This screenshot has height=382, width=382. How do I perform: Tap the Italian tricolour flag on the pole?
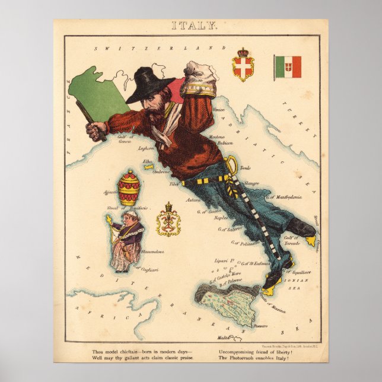pyautogui.click(x=288, y=67)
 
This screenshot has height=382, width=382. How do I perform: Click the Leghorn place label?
pyautogui.click(x=146, y=149)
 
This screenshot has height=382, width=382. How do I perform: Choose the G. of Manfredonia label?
pyautogui.click(x=284, y=196)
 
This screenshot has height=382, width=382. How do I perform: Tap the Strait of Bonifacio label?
pyautogui.click(x=132, y=209)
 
